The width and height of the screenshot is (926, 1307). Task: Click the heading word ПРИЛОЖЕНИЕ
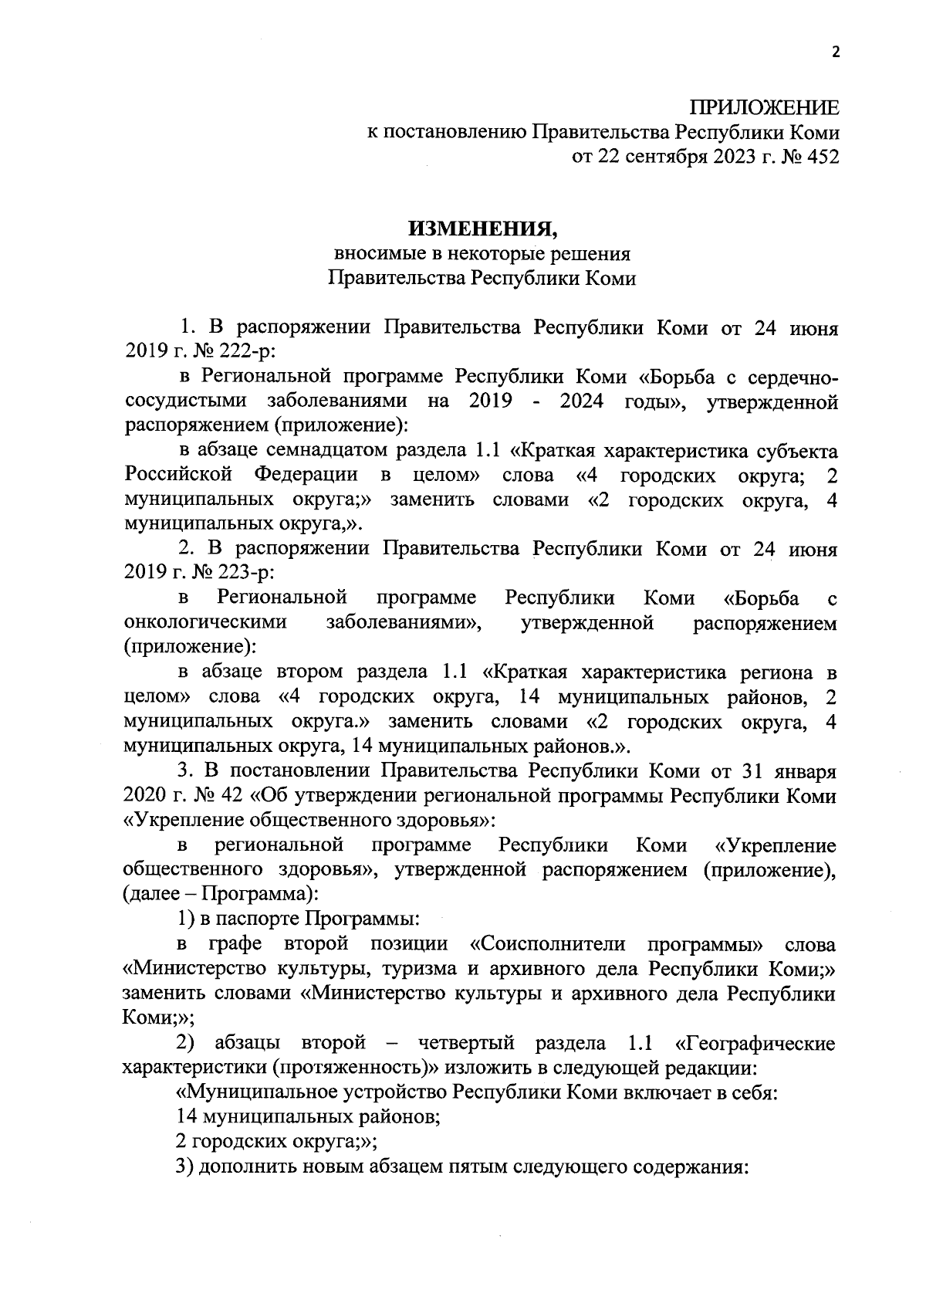pyautogui.click(x=763, y=107)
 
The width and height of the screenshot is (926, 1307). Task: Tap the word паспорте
pyautogui.click(x=258, y=919)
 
